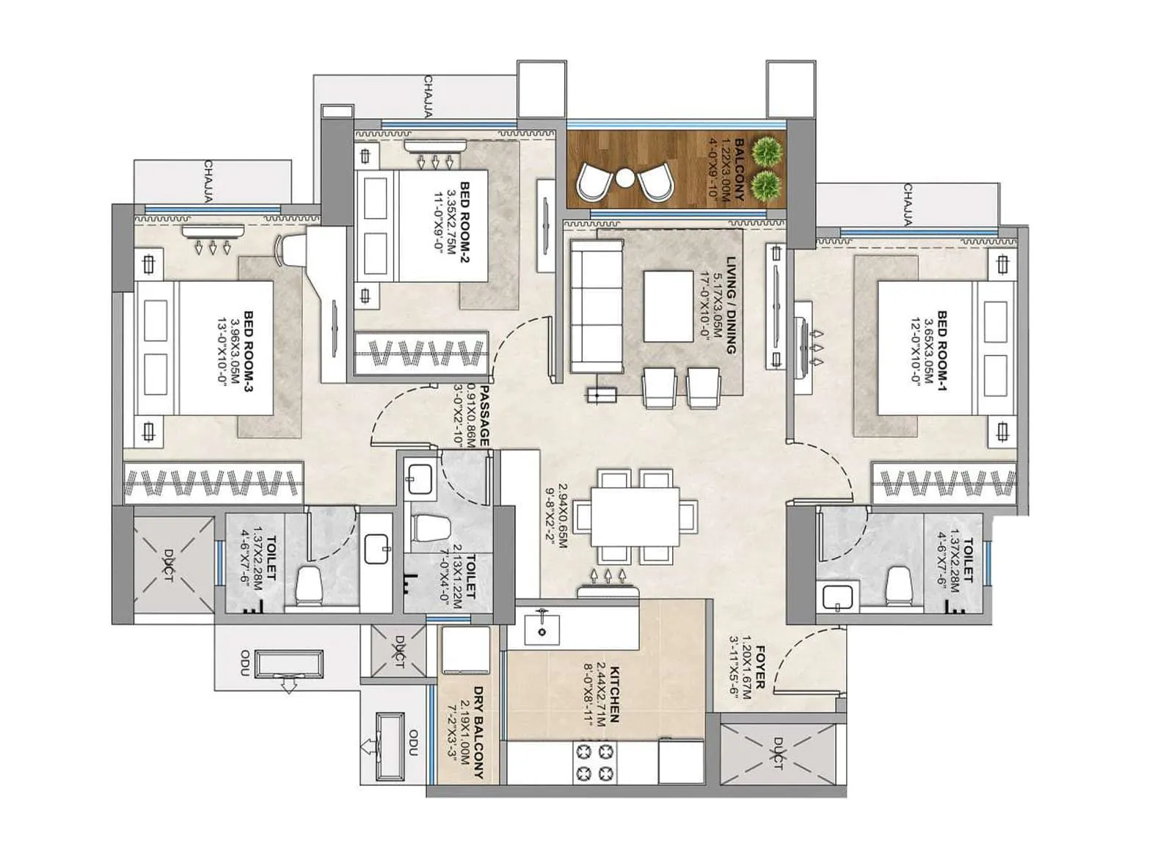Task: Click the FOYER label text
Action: coord(760,667)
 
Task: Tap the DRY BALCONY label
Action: coord(478,732)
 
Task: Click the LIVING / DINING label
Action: coord(731,305)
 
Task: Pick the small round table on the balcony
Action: coord(625,178)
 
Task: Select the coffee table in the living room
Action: coord(668,306)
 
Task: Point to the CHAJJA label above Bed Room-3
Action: coord(209,181)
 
